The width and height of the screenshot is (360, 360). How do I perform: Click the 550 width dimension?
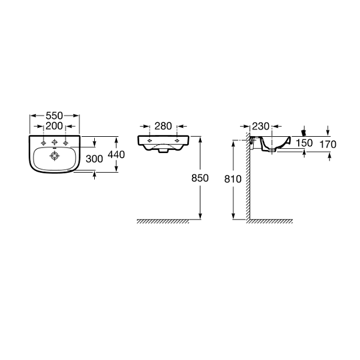54,116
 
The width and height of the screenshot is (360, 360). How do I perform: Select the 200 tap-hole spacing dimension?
54,126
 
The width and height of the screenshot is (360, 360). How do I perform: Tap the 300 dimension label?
94,159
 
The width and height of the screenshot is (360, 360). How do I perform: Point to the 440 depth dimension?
116,155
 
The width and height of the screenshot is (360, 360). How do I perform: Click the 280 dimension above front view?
163,126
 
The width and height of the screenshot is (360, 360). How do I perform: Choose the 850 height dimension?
200,178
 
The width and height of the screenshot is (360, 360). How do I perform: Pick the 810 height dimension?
233,179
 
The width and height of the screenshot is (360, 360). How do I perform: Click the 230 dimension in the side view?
260,126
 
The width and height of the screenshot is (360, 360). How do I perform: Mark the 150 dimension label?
304,143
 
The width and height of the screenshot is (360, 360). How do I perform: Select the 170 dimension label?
328,145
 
